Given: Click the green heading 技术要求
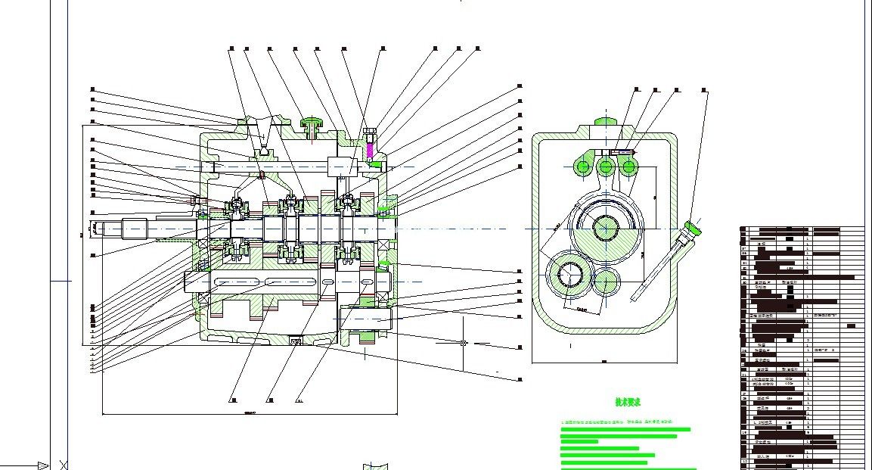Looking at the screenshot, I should pos(628,403).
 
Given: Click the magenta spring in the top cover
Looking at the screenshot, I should pos(370,149).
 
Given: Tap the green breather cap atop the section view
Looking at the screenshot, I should pos(311,123).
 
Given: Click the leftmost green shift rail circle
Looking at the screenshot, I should pos(583,167).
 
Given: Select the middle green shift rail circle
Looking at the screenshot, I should pos(605,167).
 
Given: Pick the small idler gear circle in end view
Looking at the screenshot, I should pos(607,282).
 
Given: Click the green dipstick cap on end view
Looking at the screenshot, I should pos(693,226).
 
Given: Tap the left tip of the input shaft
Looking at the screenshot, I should pos(94,226).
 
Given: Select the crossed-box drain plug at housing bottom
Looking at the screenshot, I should pos(296,339).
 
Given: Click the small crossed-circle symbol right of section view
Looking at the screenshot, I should pos(464,343).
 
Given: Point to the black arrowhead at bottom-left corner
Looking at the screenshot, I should pos(43,465).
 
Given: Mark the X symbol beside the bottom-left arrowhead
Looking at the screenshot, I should pos(63,465).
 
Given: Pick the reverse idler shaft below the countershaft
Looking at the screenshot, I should pos(366,319).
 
